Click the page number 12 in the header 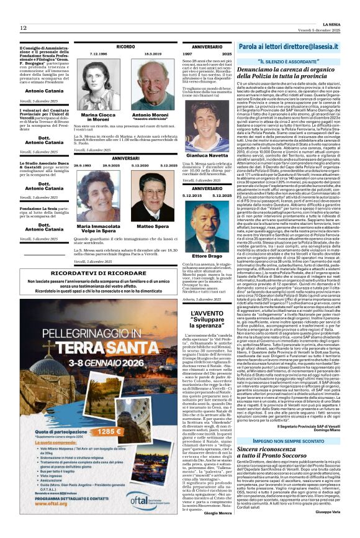click(23, 28)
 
